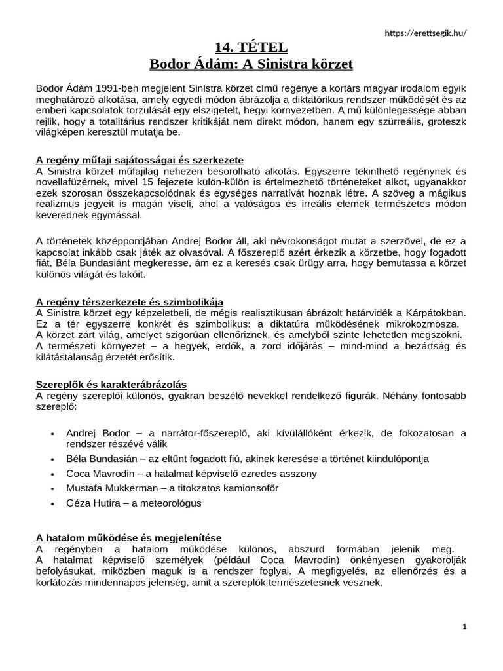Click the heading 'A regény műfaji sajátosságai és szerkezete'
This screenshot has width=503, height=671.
coord(140,160)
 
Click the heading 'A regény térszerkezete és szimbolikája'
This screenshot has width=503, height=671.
coord(130,301)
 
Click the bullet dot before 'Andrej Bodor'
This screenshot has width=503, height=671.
coord(52,434)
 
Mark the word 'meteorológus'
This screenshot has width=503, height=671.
coord(172,503)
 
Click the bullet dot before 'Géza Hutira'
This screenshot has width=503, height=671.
coord(52,503)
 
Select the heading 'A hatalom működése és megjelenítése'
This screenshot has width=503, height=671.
coord(129,537)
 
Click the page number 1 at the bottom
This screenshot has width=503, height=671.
coord(464,626)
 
